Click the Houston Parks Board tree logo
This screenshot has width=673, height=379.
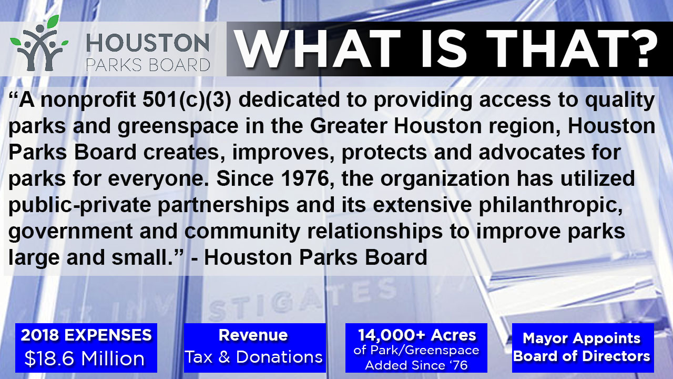pyautogui.click(x=39, y=43)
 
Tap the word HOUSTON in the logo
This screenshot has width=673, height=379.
pyautogui.click(x=148, y=43)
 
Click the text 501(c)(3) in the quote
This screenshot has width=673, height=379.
pyautogui.click(x=187, y=100)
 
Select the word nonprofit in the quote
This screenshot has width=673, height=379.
pyautogui.click(x=88, y=101)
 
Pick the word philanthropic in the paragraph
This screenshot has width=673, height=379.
pyautogui.click(x=550, y=206)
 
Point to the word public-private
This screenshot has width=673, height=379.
pyautogui.click(x=79, y=206)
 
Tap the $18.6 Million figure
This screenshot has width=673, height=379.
pyautogui.click(x=85, y=358)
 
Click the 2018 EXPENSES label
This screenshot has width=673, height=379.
pyautogui.click(x=86, y=335)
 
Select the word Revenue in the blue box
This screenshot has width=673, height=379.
pyautogui.click(x=253, y=335)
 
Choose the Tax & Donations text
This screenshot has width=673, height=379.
pyautogui.click(x=254, y=357)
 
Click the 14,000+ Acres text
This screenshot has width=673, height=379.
pyautogui.click(x=417, y=335)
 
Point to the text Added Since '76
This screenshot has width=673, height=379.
pyautogui.click(x=416, y=365)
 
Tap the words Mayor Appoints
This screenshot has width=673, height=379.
pyautogui.click(x=582, y=338)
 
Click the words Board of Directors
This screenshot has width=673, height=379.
pyautogui.click(x=582, y=356)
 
